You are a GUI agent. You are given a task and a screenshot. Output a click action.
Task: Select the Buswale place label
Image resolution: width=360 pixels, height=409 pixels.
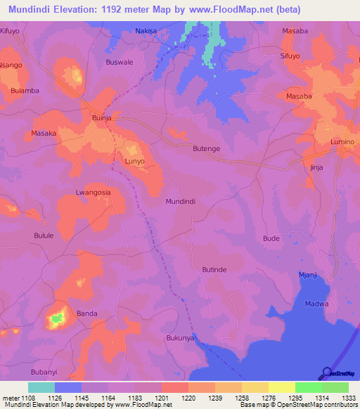point(119,62)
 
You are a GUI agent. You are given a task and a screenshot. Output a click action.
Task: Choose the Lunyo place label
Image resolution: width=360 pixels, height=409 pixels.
point(134,161)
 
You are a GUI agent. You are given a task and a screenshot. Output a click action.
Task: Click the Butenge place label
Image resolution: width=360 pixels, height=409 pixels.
point(207,149)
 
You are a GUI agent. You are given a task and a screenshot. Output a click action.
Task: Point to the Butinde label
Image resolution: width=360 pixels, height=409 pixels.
point(214,269)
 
